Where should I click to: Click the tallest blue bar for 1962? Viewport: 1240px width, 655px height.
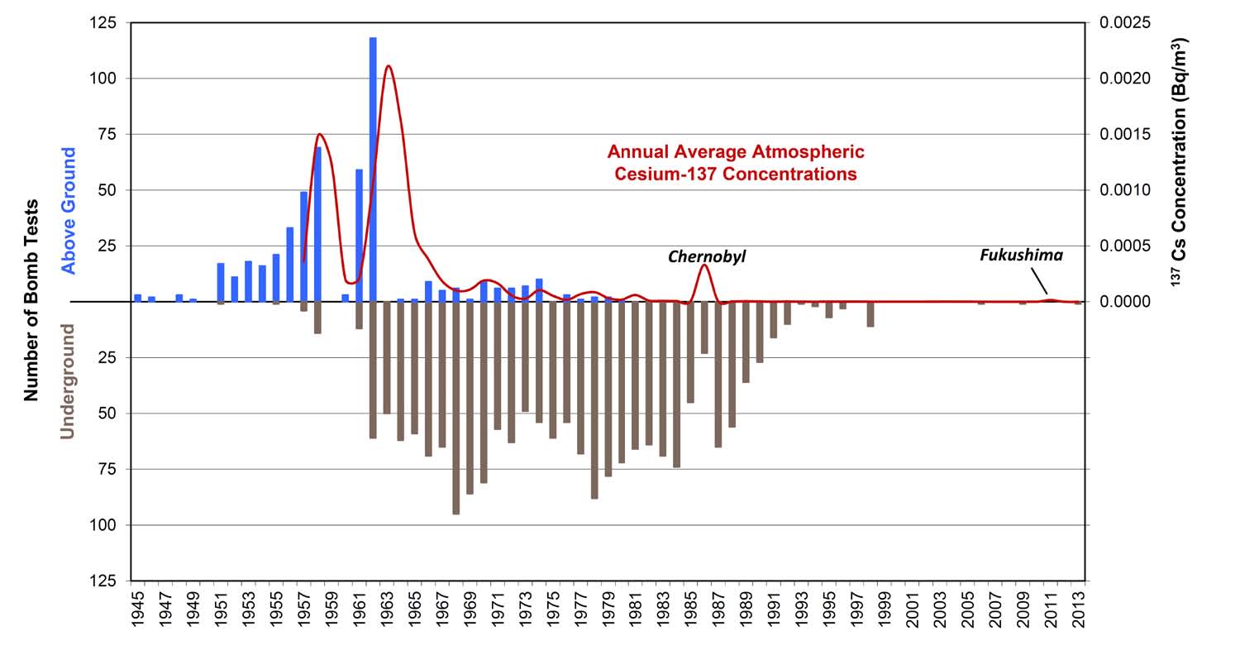(x=373, y=165)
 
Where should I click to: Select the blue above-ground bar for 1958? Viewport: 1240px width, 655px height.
(x=317, y=223)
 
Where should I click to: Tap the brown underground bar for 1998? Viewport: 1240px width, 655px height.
(x=870, y=314)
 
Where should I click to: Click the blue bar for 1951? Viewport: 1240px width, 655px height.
(x=221, y=282)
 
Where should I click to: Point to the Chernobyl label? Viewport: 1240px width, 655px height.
(x=707, y=257)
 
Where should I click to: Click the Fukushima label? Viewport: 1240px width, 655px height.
(x=1021, y=256)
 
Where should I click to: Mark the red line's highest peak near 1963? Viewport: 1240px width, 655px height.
(x=388, y=66)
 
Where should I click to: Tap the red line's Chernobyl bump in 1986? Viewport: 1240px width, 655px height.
(x=704, y=265)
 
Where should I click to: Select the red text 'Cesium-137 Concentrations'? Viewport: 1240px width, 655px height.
(x=735, y=175)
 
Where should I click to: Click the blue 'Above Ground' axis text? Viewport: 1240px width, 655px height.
(x=69, y=210)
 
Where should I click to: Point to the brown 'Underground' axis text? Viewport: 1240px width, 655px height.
(x=68, y=380)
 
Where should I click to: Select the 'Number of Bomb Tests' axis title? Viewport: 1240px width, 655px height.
(x=31, y=300)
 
